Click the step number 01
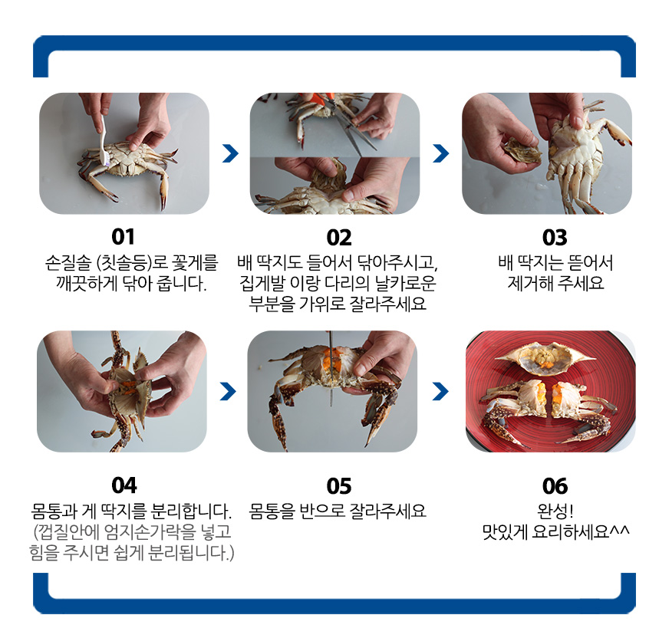123,237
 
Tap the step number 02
339,238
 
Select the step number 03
555,238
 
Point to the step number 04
124,485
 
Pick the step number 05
339,486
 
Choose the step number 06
555,486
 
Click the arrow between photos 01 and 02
230,153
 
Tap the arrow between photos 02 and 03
441,153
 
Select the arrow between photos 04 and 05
228,391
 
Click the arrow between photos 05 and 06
440,391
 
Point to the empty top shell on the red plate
545,357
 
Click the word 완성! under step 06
555,511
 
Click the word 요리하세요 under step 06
570,532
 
